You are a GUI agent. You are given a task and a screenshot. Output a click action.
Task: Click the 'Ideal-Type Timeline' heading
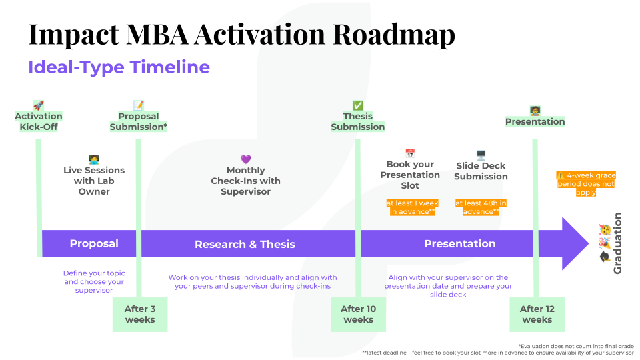pyautogui.click(x=119, y=67)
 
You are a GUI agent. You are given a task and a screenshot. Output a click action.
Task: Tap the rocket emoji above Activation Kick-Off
pyautogui.click(x=39, y=105)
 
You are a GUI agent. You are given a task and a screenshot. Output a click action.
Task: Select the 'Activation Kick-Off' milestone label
pyautogui.click(x=39, y=121)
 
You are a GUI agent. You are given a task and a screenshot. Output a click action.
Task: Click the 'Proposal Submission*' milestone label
pyautogui.click(x=139, y=121)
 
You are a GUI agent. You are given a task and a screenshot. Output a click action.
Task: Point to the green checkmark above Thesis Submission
pyautogui.click(x=358, y=105)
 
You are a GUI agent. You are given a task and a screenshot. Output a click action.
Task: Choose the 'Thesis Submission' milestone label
pyautogui.click(x=358, y=121)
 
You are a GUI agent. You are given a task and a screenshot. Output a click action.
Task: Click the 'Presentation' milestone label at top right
pyautogui.click(x=535, y=121)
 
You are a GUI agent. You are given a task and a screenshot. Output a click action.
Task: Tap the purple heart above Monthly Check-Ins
pyautogui.click(x=245, y=159)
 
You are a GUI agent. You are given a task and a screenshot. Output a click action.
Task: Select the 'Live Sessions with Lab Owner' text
pyautogui.click(x=94, y=181)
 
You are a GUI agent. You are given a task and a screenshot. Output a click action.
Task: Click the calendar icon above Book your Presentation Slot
pyautogui.click(x=410, y=153)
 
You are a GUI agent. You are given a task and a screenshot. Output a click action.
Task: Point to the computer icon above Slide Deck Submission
pyautogui.click(x=481, y=155)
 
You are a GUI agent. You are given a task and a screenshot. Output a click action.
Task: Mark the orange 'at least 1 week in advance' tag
pyautogui.click(x=413, y=207)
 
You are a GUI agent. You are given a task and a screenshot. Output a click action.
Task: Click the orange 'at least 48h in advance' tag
pyautogui.click(x=481, y=207)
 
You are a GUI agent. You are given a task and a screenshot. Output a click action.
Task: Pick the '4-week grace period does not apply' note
pyautogui.click(x=586, y=184)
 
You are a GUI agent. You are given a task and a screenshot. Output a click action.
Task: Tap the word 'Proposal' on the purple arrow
pyautogui.click(x=94, y=244)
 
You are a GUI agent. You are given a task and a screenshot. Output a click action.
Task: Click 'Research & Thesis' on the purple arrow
pyautogui.click(x=245, y=245)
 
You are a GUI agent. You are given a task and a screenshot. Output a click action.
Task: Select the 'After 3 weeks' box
pyautogui.click(x=140, y=314)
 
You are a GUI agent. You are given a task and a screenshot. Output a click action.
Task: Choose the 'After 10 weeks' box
pyautogui.click(x=359, y=314)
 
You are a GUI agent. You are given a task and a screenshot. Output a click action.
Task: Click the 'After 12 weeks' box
pyautogui.click(x=537, y=314)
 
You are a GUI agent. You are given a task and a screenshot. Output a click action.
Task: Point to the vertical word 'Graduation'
pyautogui.click(x=617, y=243)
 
